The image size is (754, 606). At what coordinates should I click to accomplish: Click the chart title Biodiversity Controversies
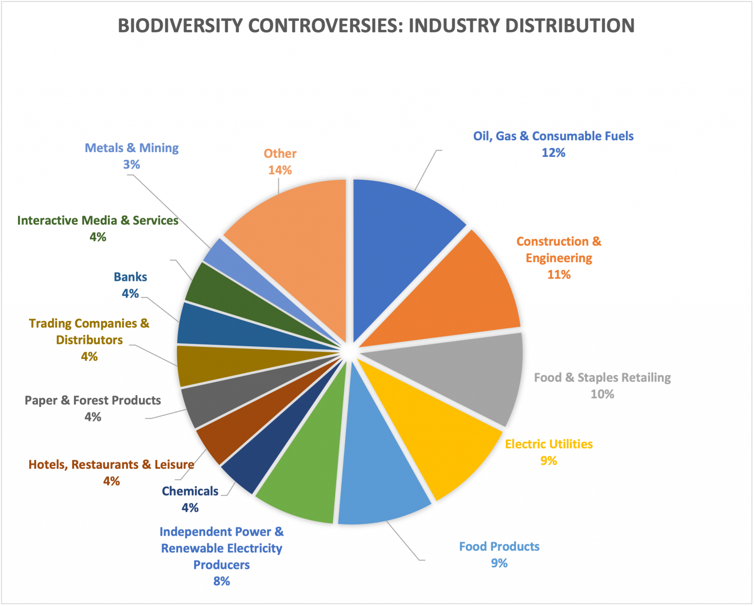coord(376,26)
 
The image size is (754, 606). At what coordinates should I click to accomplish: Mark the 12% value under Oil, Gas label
coord(553,153)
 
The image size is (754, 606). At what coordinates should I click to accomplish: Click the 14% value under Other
coord(280,170)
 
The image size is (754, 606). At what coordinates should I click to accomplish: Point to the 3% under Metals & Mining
coord(131,164)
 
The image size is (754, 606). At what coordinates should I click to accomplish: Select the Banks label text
coord(130,277)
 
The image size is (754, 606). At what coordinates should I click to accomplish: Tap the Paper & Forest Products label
coord(93,400)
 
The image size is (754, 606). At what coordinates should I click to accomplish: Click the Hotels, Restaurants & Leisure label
coord(111,465)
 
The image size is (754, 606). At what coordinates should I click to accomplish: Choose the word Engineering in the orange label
coord(559,258)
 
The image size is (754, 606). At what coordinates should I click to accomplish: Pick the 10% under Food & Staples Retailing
coord(602,394)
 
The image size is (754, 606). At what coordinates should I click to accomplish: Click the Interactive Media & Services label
coord(98,221)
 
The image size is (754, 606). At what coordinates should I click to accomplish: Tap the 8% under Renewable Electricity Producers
coord(221,581)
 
